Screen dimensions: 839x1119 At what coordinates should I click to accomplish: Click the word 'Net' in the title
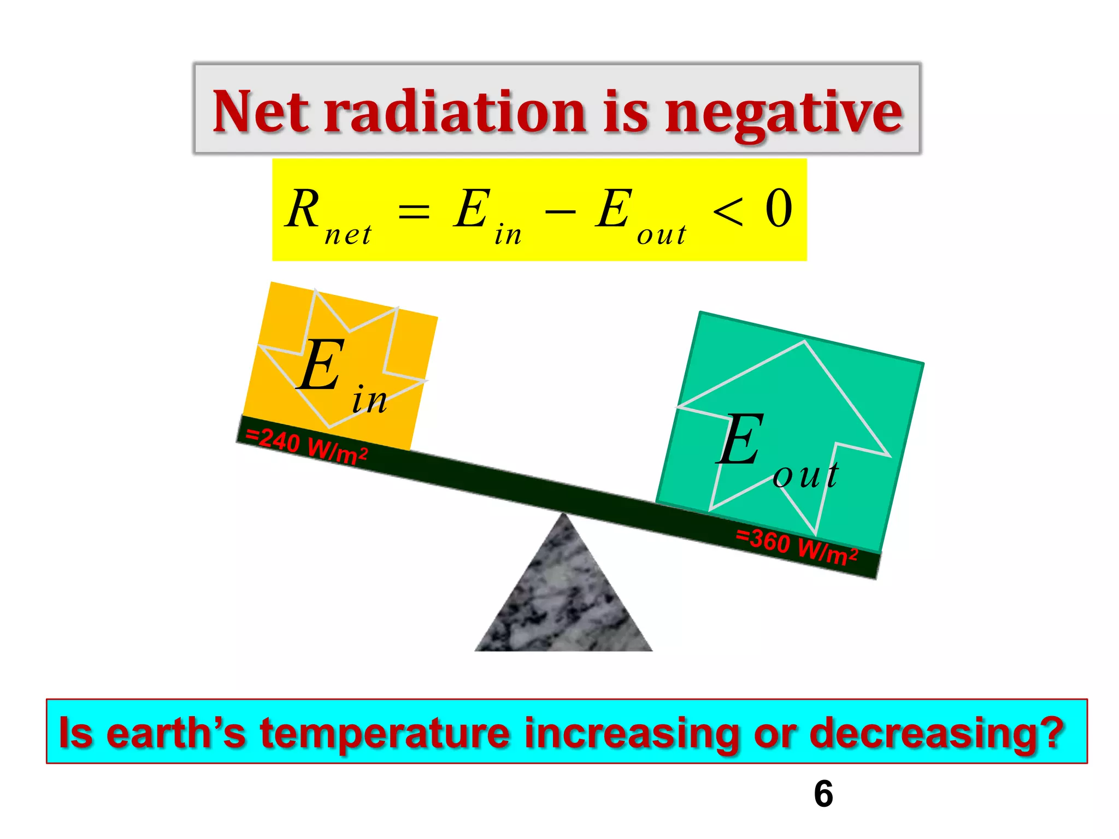coord(260,112)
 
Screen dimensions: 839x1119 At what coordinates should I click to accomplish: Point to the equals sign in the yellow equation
coord(414,211)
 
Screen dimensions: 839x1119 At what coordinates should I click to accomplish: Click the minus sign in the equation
coord(560,211)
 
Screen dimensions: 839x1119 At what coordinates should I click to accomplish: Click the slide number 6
coord(823,794)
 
